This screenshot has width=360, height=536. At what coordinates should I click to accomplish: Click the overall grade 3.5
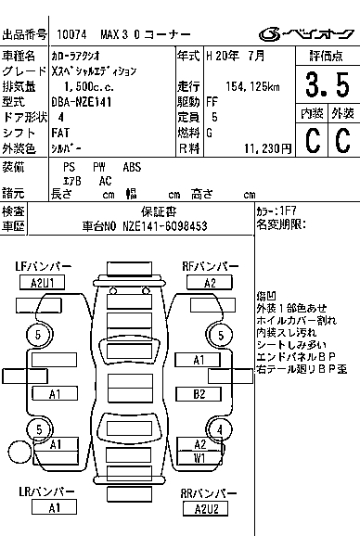click(x=328, y=84)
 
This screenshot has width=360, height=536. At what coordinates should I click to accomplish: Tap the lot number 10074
click(x=71, y=34)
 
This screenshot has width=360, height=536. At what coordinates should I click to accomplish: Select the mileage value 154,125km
click(x=252, y=86)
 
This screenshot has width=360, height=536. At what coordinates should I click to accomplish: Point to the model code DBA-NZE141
click(x=82, y=102)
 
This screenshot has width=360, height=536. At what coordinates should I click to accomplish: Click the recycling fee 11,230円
click(x=268, y=148)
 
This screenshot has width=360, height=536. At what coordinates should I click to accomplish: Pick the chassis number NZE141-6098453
click(x=165, y=226)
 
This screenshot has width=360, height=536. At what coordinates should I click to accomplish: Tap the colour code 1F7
click(x=288, y=211)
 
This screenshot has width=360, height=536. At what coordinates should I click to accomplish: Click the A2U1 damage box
click(x=42, y=283)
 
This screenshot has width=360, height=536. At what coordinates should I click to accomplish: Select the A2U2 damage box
click(x=205, y=509)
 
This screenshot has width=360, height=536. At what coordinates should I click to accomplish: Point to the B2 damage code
click(x=199, y=394)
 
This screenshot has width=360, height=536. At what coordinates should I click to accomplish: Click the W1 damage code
click(x=199, y=458)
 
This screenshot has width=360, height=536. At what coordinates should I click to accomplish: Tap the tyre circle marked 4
click(x=219, y=429)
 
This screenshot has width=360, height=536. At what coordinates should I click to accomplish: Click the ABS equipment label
click(x=132, y=167)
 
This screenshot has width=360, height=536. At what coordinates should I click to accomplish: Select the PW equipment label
click(x=99, y=167)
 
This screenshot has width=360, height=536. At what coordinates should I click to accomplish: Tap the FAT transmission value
click(x=60, y=133)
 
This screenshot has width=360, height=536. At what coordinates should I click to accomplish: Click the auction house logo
click(x=306, y=34)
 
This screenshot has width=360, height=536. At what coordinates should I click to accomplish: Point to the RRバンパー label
click(x=209, y=493)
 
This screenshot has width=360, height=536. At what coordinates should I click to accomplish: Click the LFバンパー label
click(x=43, y=266)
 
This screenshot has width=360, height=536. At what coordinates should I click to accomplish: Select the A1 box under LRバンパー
click(x=54, y=507)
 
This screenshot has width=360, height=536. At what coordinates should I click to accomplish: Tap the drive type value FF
click(x=212, y=102)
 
